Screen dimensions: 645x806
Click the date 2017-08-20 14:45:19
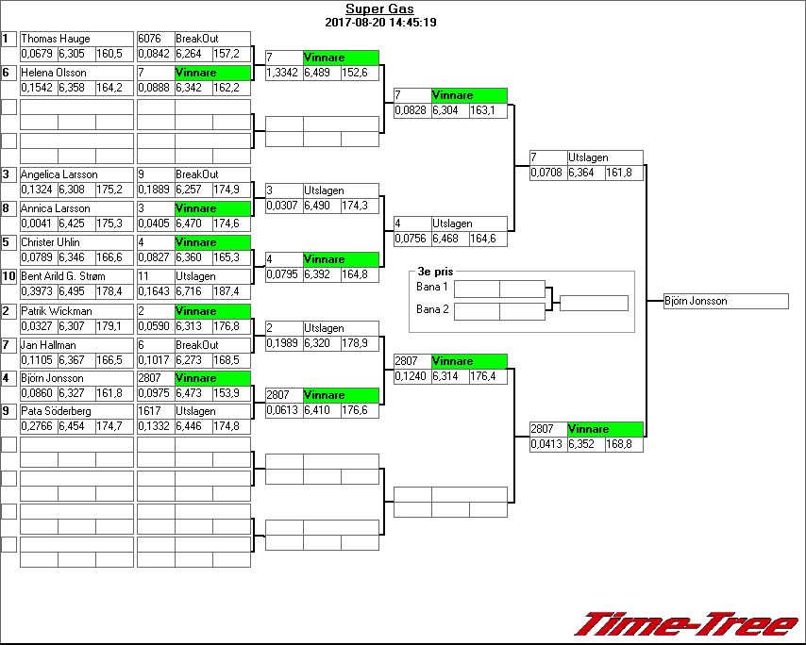(x=379, y=22)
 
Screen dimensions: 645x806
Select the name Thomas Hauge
(x=57, y=39)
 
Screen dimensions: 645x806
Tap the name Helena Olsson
(x=55, y=73)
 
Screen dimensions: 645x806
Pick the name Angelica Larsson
(x=59, y=174)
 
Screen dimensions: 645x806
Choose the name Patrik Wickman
(x=57, y=310)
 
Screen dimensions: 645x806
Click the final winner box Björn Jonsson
(x=725, y=302)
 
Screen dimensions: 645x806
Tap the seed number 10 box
(x=8, y=276)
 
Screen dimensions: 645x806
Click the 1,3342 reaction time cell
(x=282, y=73)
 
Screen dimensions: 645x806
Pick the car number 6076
(x=149, y=39)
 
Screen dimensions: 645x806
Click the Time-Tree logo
(x=686, y=624)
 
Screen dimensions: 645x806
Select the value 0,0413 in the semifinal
(x=545, y=444)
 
